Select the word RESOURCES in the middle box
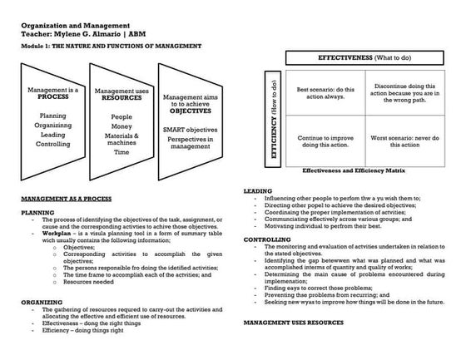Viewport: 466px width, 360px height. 121,97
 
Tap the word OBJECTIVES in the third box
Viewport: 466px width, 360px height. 191,110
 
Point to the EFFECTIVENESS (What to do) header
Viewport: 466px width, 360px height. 368,58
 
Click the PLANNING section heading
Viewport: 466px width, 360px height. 37,213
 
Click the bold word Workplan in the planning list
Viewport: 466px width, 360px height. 47,234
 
